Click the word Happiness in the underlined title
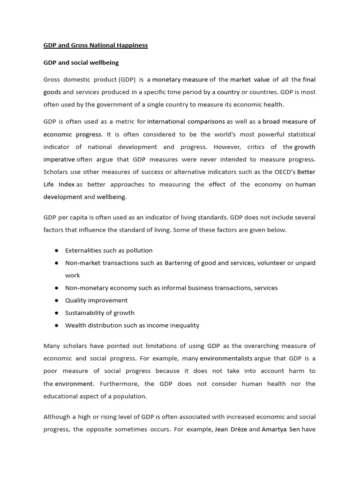coord(133,45)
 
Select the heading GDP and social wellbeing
coord(81,62)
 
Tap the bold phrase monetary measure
coord(180,80)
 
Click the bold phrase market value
coord(250,80)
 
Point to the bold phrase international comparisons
coord(186,121)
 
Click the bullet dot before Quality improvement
coord(56,300)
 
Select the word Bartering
coord(180,263)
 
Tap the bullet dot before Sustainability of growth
coord(56,313)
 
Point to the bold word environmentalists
coord(226,359)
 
